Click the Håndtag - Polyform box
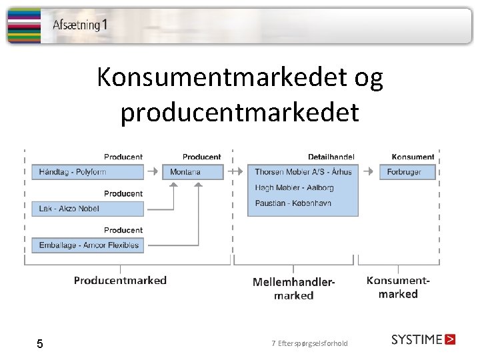(87, 172)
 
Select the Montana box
(192, 172)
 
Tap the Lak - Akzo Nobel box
(87, 209)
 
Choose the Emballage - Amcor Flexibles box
(87, 245)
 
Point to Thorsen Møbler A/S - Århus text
(303, 172)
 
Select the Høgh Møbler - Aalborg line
(293, 187)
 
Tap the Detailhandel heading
(331, 157)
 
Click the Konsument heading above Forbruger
(413, 157)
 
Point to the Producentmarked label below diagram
(120, 281)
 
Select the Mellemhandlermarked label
(293, 288)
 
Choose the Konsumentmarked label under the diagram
(398, 287)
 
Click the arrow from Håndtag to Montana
(153, 171)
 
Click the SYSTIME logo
(423, 339)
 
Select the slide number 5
(40, 344)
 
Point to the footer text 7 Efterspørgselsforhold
(309, 343)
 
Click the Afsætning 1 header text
(79, 25)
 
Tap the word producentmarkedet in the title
(239, 112)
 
